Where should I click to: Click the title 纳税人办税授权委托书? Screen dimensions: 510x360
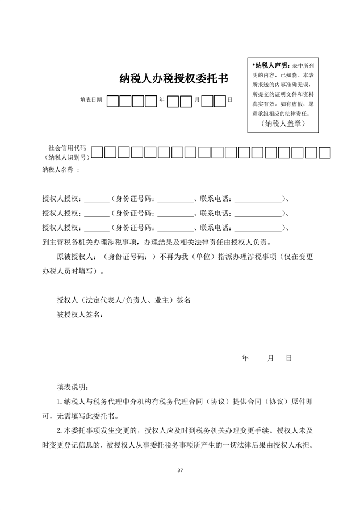pyautogui.click(x=173, y=78)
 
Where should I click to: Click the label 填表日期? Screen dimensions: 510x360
pyautogui.click(x=91, y=99)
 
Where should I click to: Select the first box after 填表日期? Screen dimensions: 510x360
pyautogui.click(x=113, y=101)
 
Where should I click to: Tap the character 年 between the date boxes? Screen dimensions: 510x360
pyautogui.click(x=162, y=100)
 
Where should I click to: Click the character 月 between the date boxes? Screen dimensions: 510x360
pyautogui.click(x=196, y=100)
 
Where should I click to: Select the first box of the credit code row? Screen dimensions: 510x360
pyautogui.click(x=97, y=152)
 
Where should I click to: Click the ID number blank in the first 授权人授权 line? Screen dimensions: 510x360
pyautogui.click(x=174, y=200)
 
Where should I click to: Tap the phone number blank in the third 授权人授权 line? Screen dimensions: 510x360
pyautogui.click(x=257, y=228)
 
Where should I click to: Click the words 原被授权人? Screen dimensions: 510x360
pyautogui.click(x=74, y=257)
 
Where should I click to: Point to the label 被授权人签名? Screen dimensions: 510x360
pyautogui.click(x=80, y=315)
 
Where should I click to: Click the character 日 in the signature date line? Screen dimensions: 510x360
pyautogui.click(x=288, y=358)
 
